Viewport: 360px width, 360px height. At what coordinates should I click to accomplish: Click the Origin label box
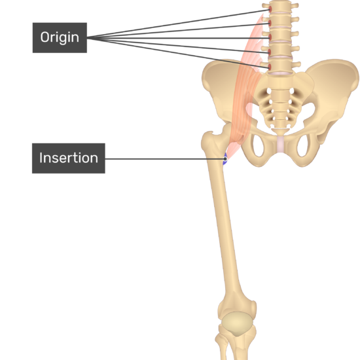pos(60,38)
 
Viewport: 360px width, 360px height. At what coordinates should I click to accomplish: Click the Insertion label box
pos(69,158)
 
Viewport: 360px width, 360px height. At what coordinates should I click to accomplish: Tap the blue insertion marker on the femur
pos(225,158)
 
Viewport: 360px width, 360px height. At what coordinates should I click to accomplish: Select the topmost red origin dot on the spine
pos(270,9)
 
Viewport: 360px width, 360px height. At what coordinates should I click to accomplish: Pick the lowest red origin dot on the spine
pos(270,67)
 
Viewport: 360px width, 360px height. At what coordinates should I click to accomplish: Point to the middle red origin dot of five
pos(270,37)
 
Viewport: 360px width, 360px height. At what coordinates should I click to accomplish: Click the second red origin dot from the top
pos(270,23)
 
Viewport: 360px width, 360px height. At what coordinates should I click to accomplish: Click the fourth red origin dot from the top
pos(270,52)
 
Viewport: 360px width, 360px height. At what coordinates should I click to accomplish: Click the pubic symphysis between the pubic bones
pos(281,144)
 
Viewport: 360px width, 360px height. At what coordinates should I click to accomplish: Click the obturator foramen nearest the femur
pos(259,146)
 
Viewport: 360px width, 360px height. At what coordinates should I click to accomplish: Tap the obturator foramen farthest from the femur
pos(303,146)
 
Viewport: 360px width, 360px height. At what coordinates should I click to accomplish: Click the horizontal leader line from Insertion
pos(165,158)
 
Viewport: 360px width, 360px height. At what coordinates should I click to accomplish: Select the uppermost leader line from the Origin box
pos(178,24)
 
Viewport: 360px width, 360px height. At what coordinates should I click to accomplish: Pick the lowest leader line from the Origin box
pos(178,52)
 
